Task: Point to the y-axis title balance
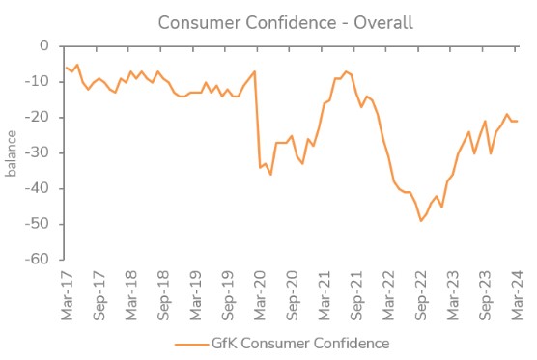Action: pyautogui.click(x=12, y=152)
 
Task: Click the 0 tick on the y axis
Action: pyautogui.click(x=43, y=45)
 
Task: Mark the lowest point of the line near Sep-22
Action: pyautogui.click(x=421, y=221)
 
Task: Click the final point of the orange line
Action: pyautogui.click(x=517, y=121)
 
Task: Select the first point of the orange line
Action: pyautogui.click(x=64, y=67)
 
